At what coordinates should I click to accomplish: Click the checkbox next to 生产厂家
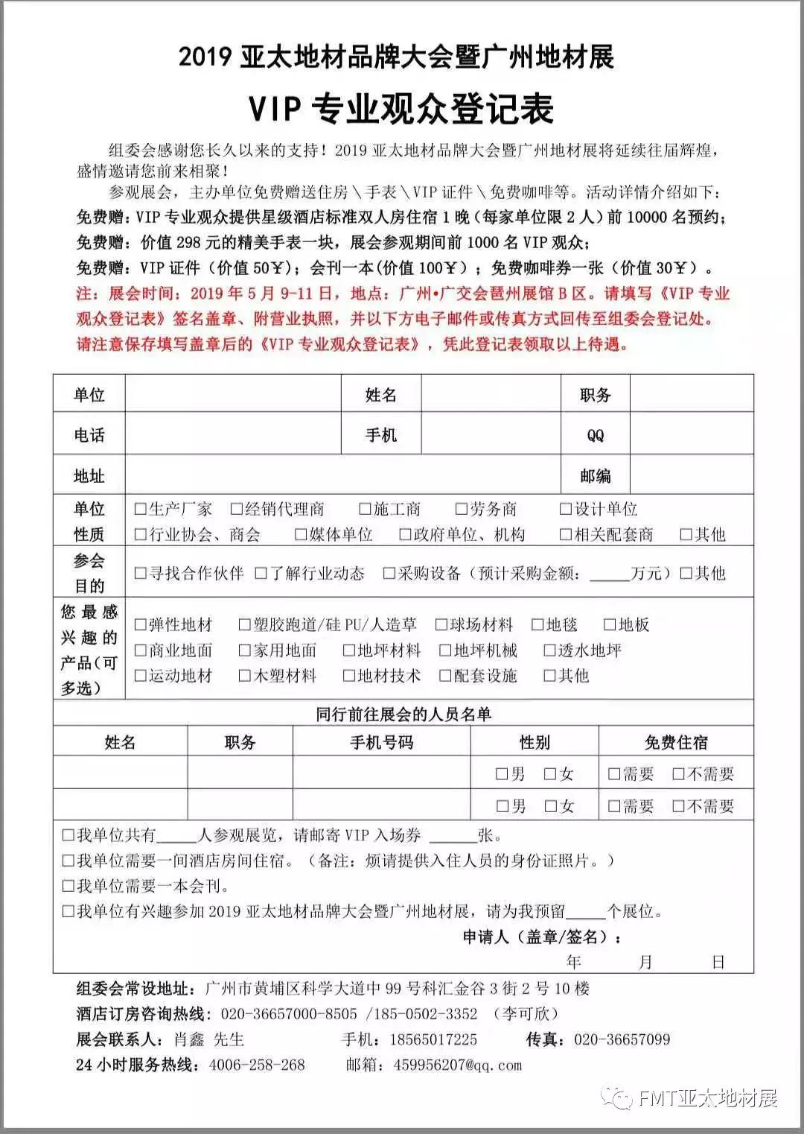(141, 510)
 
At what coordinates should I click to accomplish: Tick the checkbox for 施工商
(365, 510)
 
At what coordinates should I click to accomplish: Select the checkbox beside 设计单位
(567, 510)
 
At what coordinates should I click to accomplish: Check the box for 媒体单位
(301, 534)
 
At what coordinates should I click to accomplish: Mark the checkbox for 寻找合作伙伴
(141, 573)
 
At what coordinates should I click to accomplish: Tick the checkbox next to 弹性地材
(141, 624)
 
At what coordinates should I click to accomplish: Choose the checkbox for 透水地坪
(550, 650)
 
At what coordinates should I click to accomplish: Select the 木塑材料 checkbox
(245, 676)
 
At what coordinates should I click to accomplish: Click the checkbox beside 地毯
(537, 624)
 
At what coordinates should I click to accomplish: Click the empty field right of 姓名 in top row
(491, 395)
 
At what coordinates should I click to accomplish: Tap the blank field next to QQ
(691, 435)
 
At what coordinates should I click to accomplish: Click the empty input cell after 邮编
(691, 475)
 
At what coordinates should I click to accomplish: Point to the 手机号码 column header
(381, 743)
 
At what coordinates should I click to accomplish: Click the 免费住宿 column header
(676, 743)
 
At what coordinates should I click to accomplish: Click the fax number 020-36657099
(622, 1039)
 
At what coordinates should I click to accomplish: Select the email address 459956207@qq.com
(458, 1065)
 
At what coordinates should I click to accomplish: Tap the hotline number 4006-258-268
(257, 1065)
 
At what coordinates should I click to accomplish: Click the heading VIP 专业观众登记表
(401, 109)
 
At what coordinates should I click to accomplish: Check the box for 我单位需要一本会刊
(68, 887)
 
